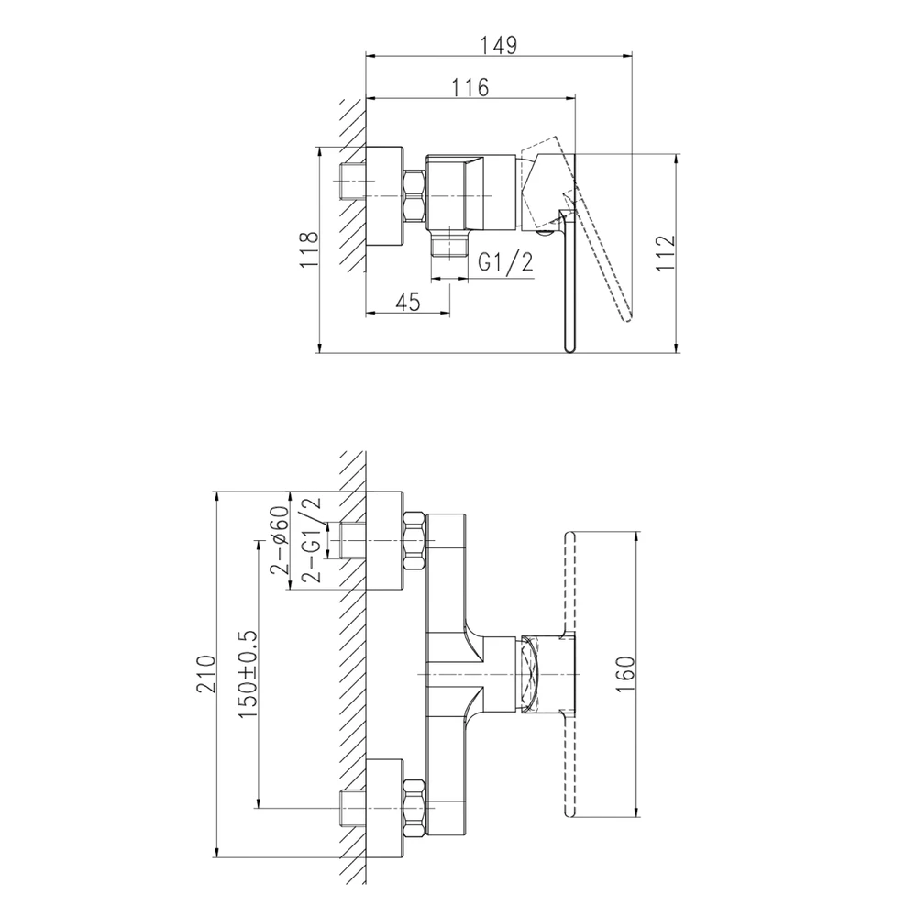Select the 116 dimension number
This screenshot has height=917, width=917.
470,88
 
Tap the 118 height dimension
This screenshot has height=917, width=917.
309,249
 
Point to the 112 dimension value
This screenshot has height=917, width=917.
665,253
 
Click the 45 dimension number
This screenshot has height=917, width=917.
408,302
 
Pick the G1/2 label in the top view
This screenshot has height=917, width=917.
506,262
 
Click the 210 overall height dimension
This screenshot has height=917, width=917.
205,674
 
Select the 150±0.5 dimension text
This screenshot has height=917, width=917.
247,675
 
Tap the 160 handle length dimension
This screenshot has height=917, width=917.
625,674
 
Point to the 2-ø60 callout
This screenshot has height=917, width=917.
279,539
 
